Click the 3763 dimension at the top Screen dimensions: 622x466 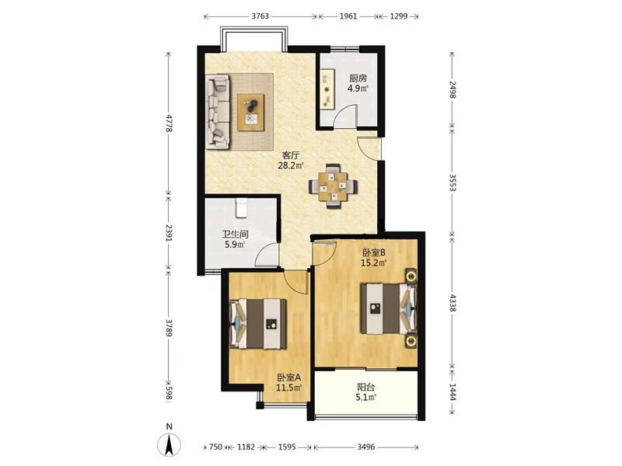pos(260,16)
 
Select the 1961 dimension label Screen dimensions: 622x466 pos(348,16)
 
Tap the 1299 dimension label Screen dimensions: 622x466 pos(399,16)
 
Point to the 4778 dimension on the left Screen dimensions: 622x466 pos(169,123)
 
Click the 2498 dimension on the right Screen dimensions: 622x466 pos(453,89)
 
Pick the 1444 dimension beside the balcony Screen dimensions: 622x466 pos(453,391)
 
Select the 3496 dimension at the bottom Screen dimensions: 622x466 pos(365,447)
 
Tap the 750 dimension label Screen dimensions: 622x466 pos(215,447)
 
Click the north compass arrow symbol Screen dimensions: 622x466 pos(169,443)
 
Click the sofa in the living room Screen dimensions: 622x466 pos(218,112)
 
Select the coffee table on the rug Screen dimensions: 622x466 pos(250,112)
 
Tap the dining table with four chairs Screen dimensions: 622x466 pos(334,186)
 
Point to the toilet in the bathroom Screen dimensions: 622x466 pos(241,208)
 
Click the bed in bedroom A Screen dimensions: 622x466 pos(259,324)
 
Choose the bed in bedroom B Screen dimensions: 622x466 pos(389,308)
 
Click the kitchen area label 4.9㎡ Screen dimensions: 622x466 pos(358,89)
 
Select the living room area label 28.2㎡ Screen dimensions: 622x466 pos(291,165)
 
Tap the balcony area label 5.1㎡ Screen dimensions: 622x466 pos(365,397)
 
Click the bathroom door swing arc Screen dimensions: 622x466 pos(265,254)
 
